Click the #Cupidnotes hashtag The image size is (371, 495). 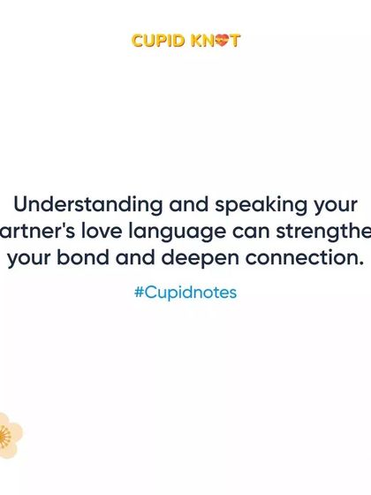pyautogui.click(x=185, y=293)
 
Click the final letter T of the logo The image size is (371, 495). pyautogui.click(x=236, y=41)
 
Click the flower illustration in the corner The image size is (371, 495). pyautogui.click(x=9, y=435)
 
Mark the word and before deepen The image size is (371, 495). pyautogui.click(x=135, y=259)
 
